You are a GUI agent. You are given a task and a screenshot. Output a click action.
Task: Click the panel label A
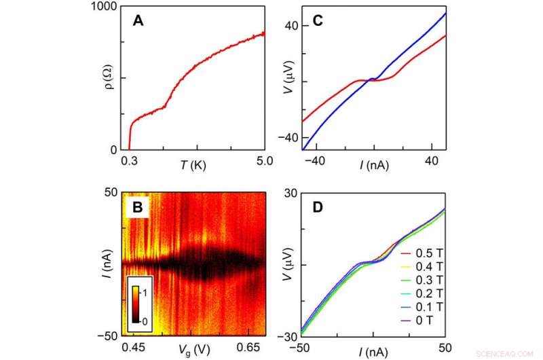click(138, 21)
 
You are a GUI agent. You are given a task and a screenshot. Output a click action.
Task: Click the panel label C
click(316, 21)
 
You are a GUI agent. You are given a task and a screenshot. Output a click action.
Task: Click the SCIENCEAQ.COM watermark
click(506, 354)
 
